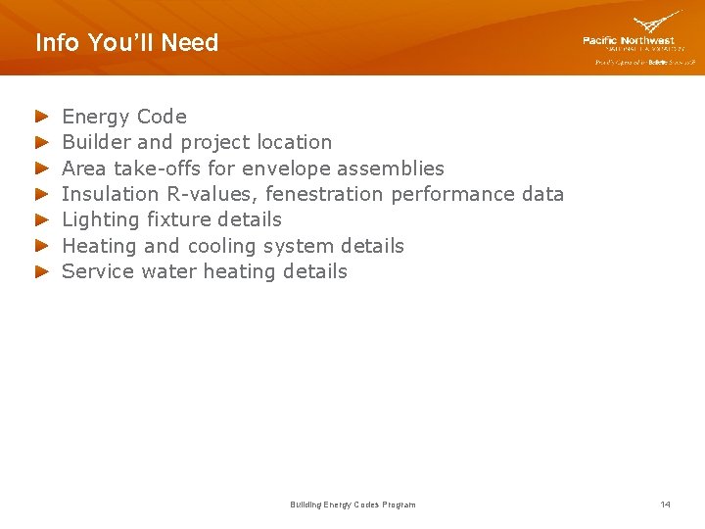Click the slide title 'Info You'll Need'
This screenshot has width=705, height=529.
126,43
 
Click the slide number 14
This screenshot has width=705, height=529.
665,505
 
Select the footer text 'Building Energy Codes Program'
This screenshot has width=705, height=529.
352,505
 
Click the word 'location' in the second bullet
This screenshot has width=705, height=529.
293,142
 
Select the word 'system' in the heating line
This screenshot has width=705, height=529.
303,246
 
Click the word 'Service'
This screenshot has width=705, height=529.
95,271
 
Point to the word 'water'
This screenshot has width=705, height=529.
168,271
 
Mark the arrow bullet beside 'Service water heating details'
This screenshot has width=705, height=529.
41,272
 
